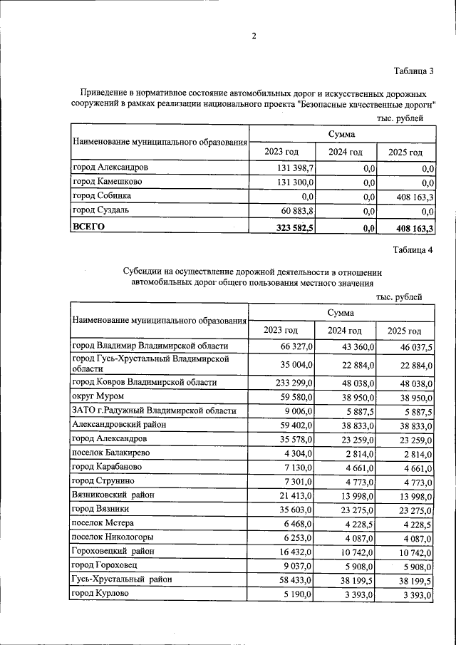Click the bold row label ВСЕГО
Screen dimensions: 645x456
[89, 227]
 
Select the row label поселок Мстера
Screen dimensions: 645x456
[103, 523]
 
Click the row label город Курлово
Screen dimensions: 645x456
[100, 594]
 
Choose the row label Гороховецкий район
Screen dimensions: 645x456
[113, 552]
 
